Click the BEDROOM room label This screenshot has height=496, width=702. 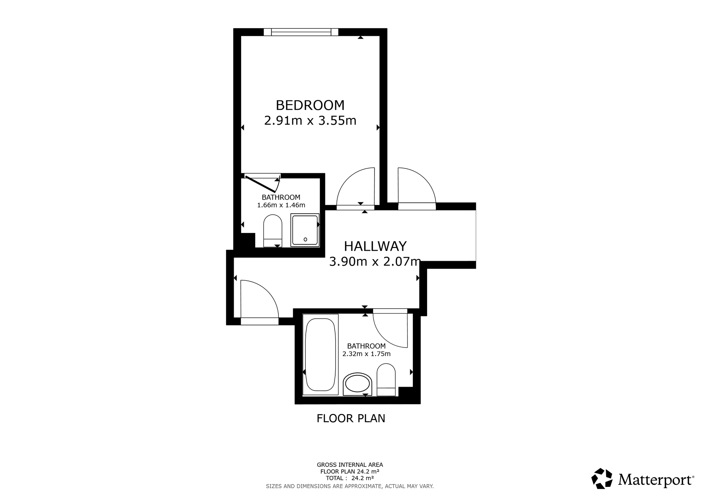(310, 105)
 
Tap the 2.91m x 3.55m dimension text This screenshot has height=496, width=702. (310, 121)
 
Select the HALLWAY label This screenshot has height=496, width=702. (375, 246)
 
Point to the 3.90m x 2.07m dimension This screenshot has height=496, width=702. (375, 262)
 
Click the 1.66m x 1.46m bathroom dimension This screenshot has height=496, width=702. (281, 205)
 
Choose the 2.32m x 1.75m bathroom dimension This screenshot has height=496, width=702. (366, 354)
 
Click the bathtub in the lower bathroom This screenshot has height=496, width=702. (320, 354)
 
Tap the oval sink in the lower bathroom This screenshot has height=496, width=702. (357, 384)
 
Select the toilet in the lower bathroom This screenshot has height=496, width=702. (386, 380)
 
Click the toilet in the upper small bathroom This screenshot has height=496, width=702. (273, 230)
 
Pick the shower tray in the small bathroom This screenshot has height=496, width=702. (305, 230)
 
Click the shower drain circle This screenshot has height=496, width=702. (305, 240)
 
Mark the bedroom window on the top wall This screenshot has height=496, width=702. (301, 32)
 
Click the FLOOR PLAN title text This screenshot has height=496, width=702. (351, 418)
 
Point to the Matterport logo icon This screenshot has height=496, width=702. (602, 478)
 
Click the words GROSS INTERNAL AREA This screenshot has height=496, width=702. (350, 465)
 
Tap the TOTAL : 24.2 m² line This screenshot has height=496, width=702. (350, 478)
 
